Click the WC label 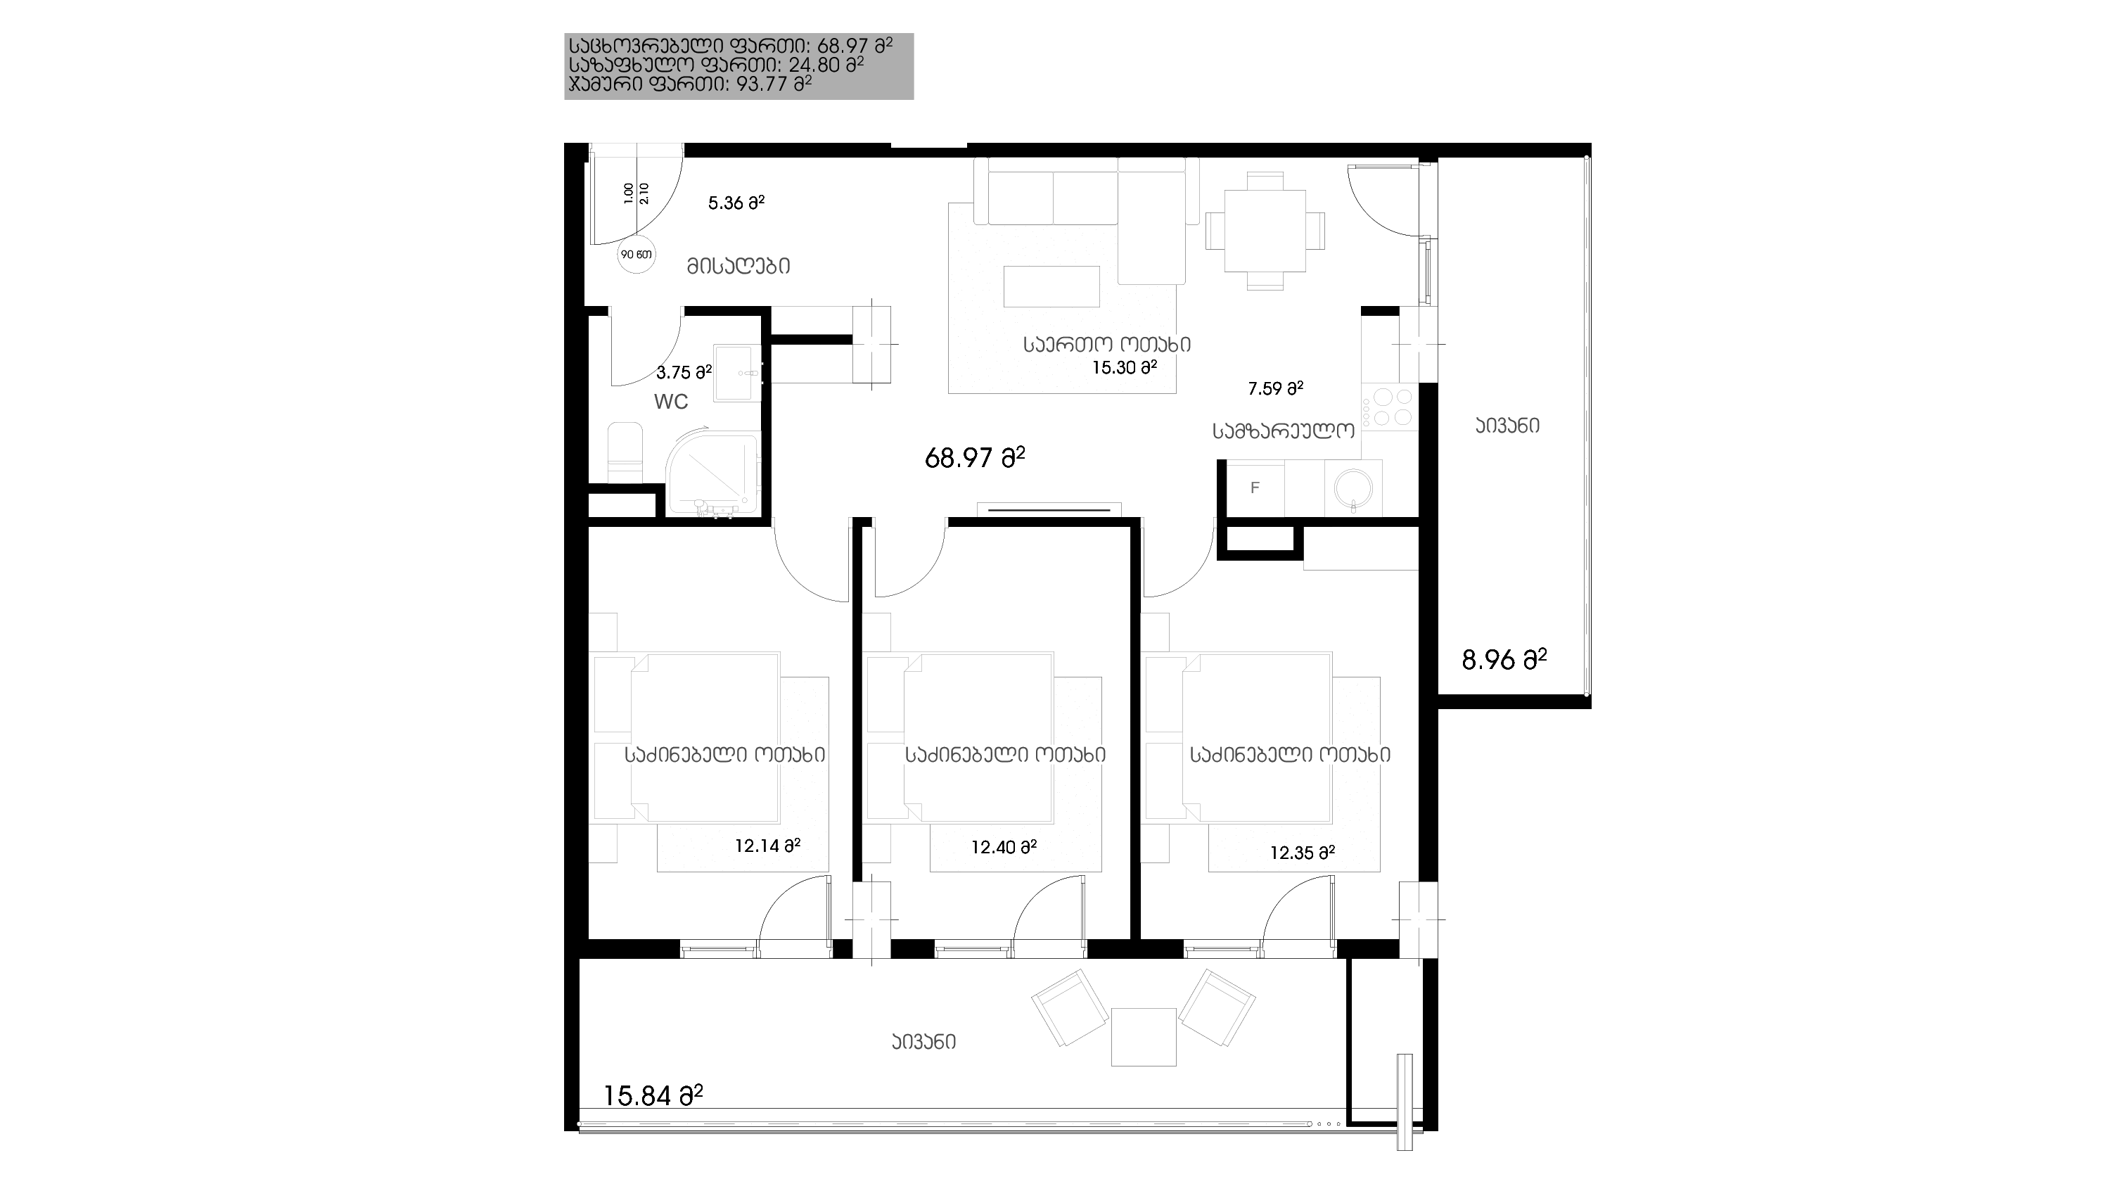[670, 402]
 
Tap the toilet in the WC [625, 453]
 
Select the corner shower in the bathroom [712, 475]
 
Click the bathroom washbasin [738, 373]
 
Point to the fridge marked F [1255, 488]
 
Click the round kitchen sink [1353, 489]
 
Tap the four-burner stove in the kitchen [1389, 407]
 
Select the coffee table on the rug [1051, 286]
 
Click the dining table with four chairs [1265, 230]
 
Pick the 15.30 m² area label [1124, 368]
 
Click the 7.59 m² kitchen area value [1275, 388]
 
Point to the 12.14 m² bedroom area [767, 846]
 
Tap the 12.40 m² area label [1004, 847]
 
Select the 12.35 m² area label [1303, 853]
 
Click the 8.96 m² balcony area [1504, 659]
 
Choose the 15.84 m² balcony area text [653, 1095]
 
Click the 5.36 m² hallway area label [736, 203]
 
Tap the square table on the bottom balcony [1144, 1037]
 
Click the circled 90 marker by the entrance [637, 254]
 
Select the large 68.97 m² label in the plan [975, 458]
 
